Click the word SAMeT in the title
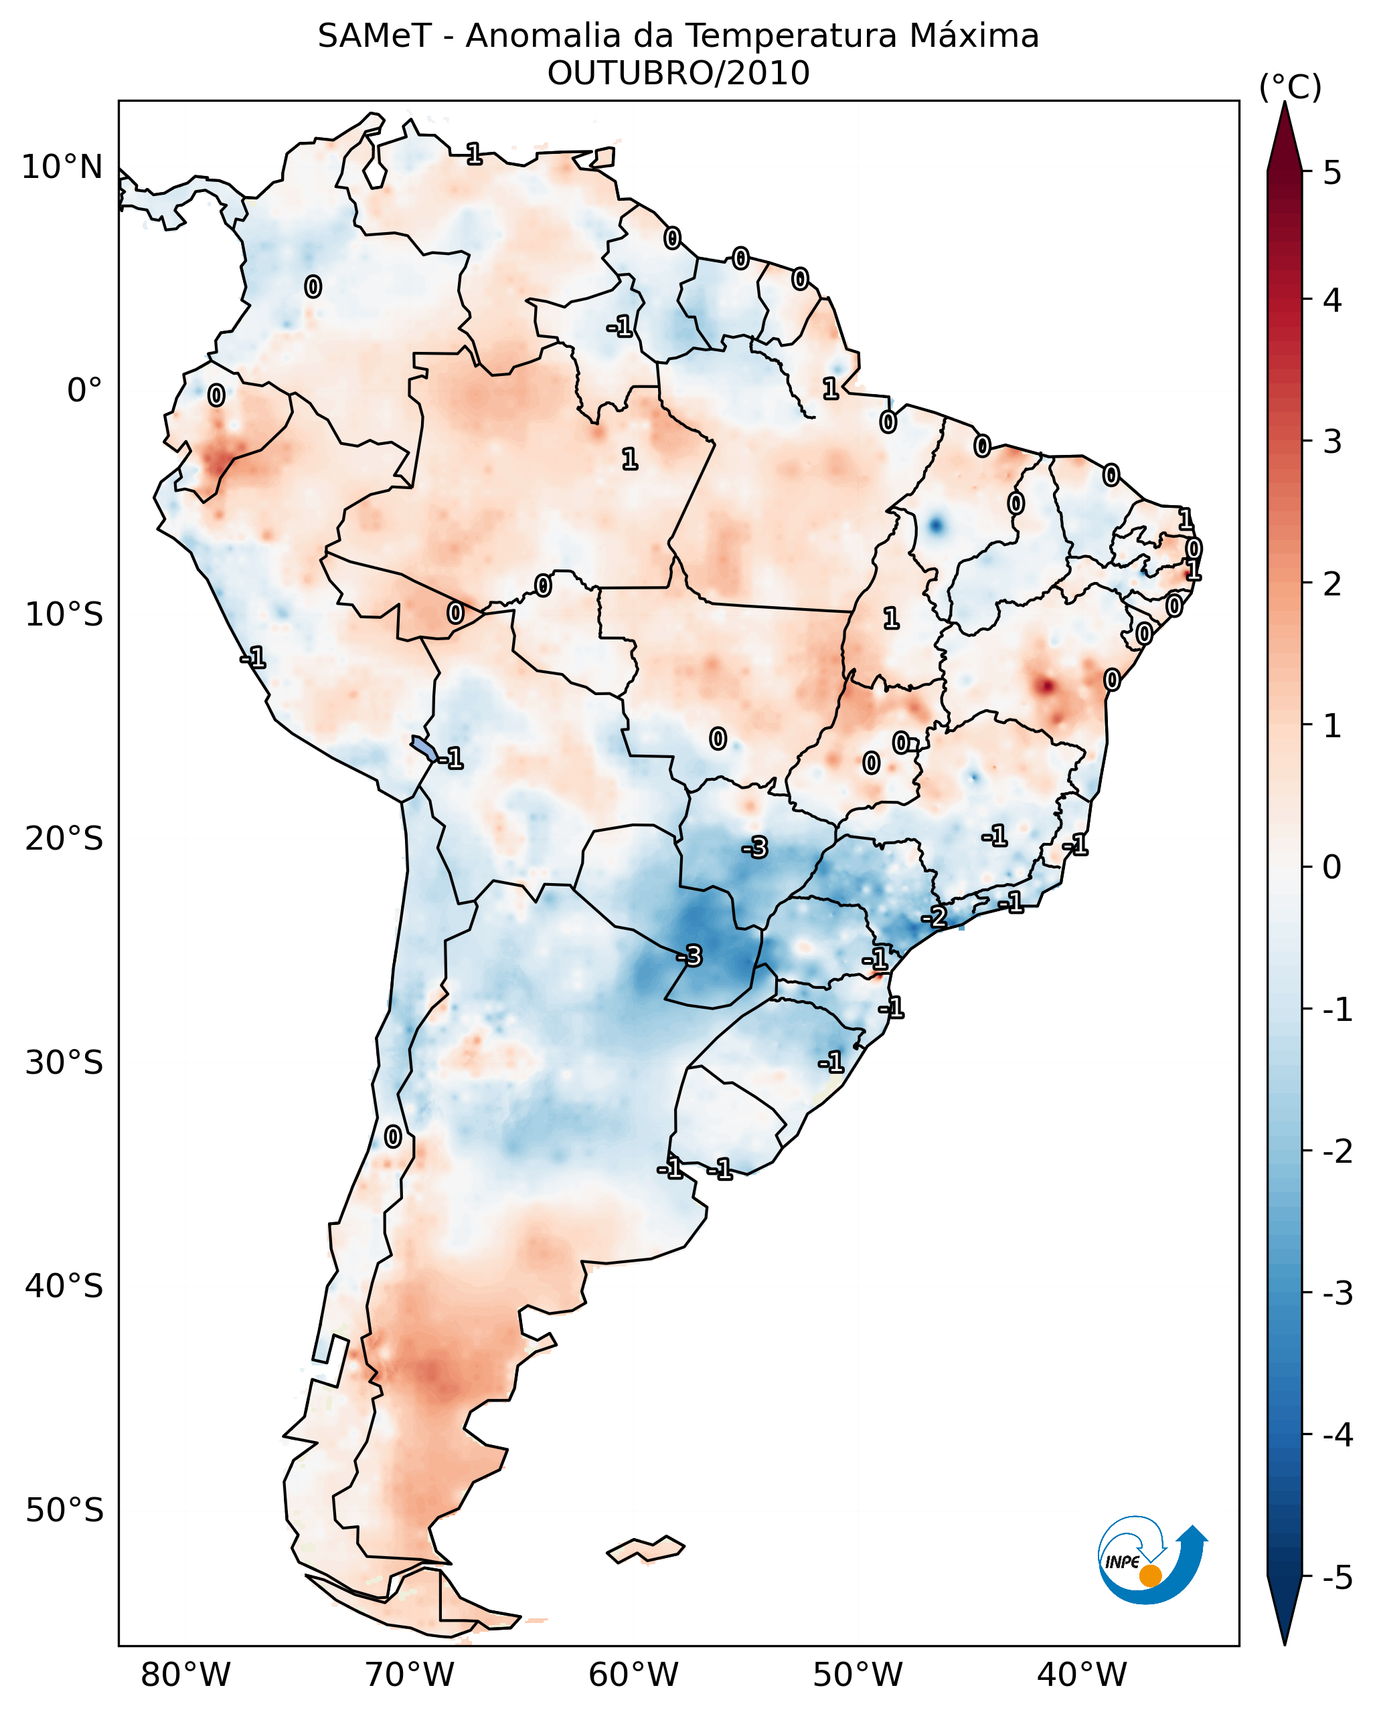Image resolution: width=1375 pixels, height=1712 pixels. [x=374, y=37]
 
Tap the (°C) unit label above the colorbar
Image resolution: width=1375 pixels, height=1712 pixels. [x=1290, y=88]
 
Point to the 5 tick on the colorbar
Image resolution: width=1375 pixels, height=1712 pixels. [x=1331, y=173]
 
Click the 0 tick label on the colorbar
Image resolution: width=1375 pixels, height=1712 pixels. [x=1331, y=867]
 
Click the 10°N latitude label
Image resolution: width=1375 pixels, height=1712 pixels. [x=62, y=167]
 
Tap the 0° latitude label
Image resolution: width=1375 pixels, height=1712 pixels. [x=84, y=391]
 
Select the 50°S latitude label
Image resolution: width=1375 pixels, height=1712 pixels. [x=64, y=1511]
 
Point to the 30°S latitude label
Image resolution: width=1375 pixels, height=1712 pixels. [x=64, y=1063]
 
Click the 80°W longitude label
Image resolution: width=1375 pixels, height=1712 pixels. [x=185, y=1675]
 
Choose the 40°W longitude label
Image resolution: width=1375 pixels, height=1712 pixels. [x=1082, y=1675]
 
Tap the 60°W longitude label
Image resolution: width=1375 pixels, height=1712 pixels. [x=633, y=1675]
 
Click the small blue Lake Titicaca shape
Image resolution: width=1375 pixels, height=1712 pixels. [x=424, y=747]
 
